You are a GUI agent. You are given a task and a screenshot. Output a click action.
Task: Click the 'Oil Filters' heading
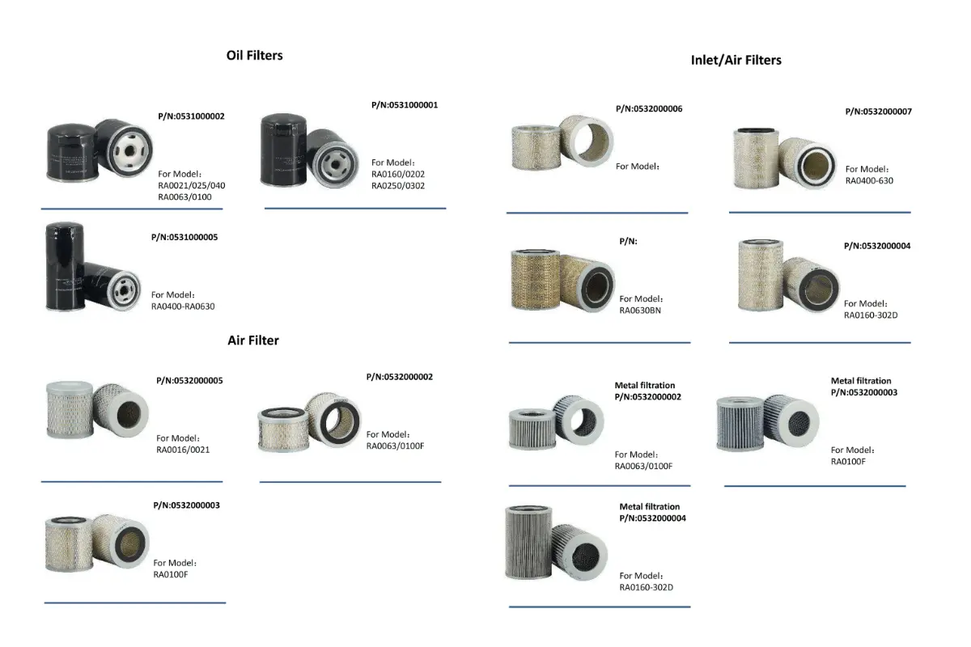click(254, 56)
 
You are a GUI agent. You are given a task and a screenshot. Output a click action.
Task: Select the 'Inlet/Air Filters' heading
click(736, 60)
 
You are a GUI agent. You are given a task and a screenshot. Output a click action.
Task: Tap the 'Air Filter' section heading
click(253, 340)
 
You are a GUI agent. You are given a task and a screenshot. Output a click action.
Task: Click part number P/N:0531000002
click(191, 116)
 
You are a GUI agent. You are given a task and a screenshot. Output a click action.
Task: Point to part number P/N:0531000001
click(405, 105)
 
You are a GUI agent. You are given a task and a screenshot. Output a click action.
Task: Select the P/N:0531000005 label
click(184, 237)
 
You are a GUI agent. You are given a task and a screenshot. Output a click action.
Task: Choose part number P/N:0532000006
click(649, 108)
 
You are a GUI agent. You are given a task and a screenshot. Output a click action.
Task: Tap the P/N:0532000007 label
click(878, 112)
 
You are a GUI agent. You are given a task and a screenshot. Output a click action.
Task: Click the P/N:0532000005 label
click(189, 380)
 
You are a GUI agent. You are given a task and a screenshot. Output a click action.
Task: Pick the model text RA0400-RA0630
click(183, 307)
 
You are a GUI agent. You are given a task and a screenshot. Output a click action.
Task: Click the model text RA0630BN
click(640, 311)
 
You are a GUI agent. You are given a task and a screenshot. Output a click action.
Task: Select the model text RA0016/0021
click(183, 450)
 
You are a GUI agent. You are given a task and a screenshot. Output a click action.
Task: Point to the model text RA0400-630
click(869, 180)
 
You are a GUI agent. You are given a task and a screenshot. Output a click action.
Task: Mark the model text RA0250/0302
click(398, 186)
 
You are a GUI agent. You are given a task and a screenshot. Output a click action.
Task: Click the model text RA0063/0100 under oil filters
click(184, 197)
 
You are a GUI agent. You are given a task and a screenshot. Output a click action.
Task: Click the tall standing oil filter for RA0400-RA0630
click(65, 266)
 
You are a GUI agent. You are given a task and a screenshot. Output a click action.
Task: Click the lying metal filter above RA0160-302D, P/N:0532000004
click(579, 552)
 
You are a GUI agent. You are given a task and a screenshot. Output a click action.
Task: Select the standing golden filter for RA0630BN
click(536, 280)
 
